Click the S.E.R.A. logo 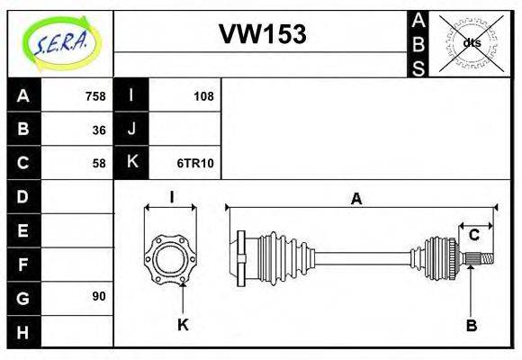click(x=59, y=42)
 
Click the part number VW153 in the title click(x=262, y=35)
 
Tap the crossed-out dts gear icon click(x=472, y=42)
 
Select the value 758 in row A click(x=94, y=96)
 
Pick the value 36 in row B click(x=99, y=130)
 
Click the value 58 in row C click(x=99, y=163)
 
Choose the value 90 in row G click(x=99, y=296)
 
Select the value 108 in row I click(x=203, y=96)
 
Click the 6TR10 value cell click(x=195, y=163)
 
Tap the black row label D click(x=23, y=196)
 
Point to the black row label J click(x=131, y=130)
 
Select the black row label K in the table click(x=131, y=163)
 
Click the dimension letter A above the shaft click(x=356, y=200)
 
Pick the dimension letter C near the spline click(x=473, y=236)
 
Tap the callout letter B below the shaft click(x=471, y=325)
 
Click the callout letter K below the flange click(x=183, y=325)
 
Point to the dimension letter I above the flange click(x=171, y=196)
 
